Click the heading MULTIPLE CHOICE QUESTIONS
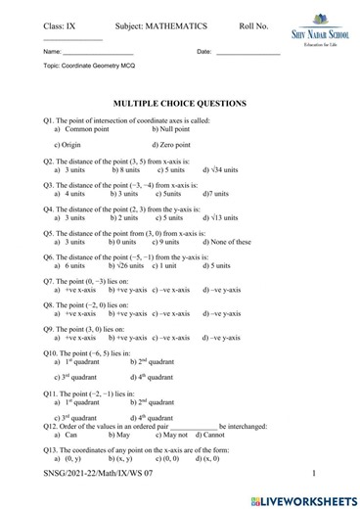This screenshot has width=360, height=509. point(180,103)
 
